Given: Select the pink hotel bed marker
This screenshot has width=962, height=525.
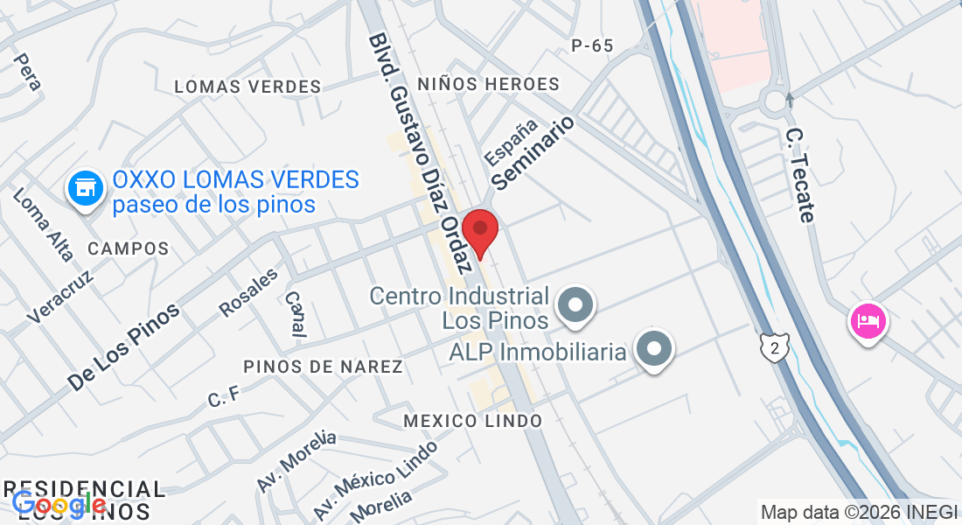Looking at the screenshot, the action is (x=867, y=321).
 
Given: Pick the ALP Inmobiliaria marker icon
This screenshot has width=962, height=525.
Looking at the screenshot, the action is (x=654, y=350).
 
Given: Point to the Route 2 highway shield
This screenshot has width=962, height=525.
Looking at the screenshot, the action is (x=774, y=347).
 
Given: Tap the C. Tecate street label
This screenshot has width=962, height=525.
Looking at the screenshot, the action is (x=800, y=175).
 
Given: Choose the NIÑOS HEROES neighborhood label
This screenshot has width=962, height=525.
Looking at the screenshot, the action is (x=488, y=84).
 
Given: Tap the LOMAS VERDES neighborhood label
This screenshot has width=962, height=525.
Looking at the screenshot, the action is (x=247, y=87).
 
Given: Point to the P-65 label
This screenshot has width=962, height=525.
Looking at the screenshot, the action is (x=592, y=45).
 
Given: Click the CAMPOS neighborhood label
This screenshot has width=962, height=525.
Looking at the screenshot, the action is (x=128, y=248).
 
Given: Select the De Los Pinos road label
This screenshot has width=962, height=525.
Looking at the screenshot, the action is (x=123, y=346).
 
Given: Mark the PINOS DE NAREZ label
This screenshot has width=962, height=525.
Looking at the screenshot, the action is (x=323, y=367).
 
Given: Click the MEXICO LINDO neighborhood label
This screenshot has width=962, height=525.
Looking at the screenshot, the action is (x=472, y=421).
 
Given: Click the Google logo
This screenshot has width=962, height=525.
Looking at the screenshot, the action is (x=59, y=504).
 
